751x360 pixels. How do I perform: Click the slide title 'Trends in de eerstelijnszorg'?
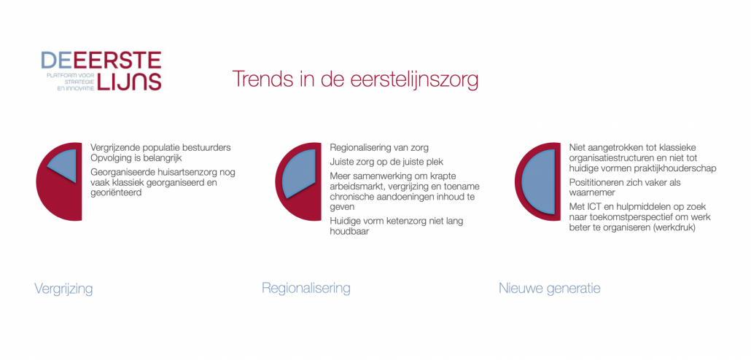click(355, 79)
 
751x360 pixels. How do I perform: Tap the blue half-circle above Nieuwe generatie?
click(538, 181)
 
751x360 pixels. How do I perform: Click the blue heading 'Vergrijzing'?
click(63, 289)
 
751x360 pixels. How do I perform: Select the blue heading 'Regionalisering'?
click(306, 288)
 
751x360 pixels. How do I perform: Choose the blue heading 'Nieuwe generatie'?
click(549, 289)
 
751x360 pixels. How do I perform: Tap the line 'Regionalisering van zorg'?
click(379, 147)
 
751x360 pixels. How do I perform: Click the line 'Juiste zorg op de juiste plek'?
click(390, 163)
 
